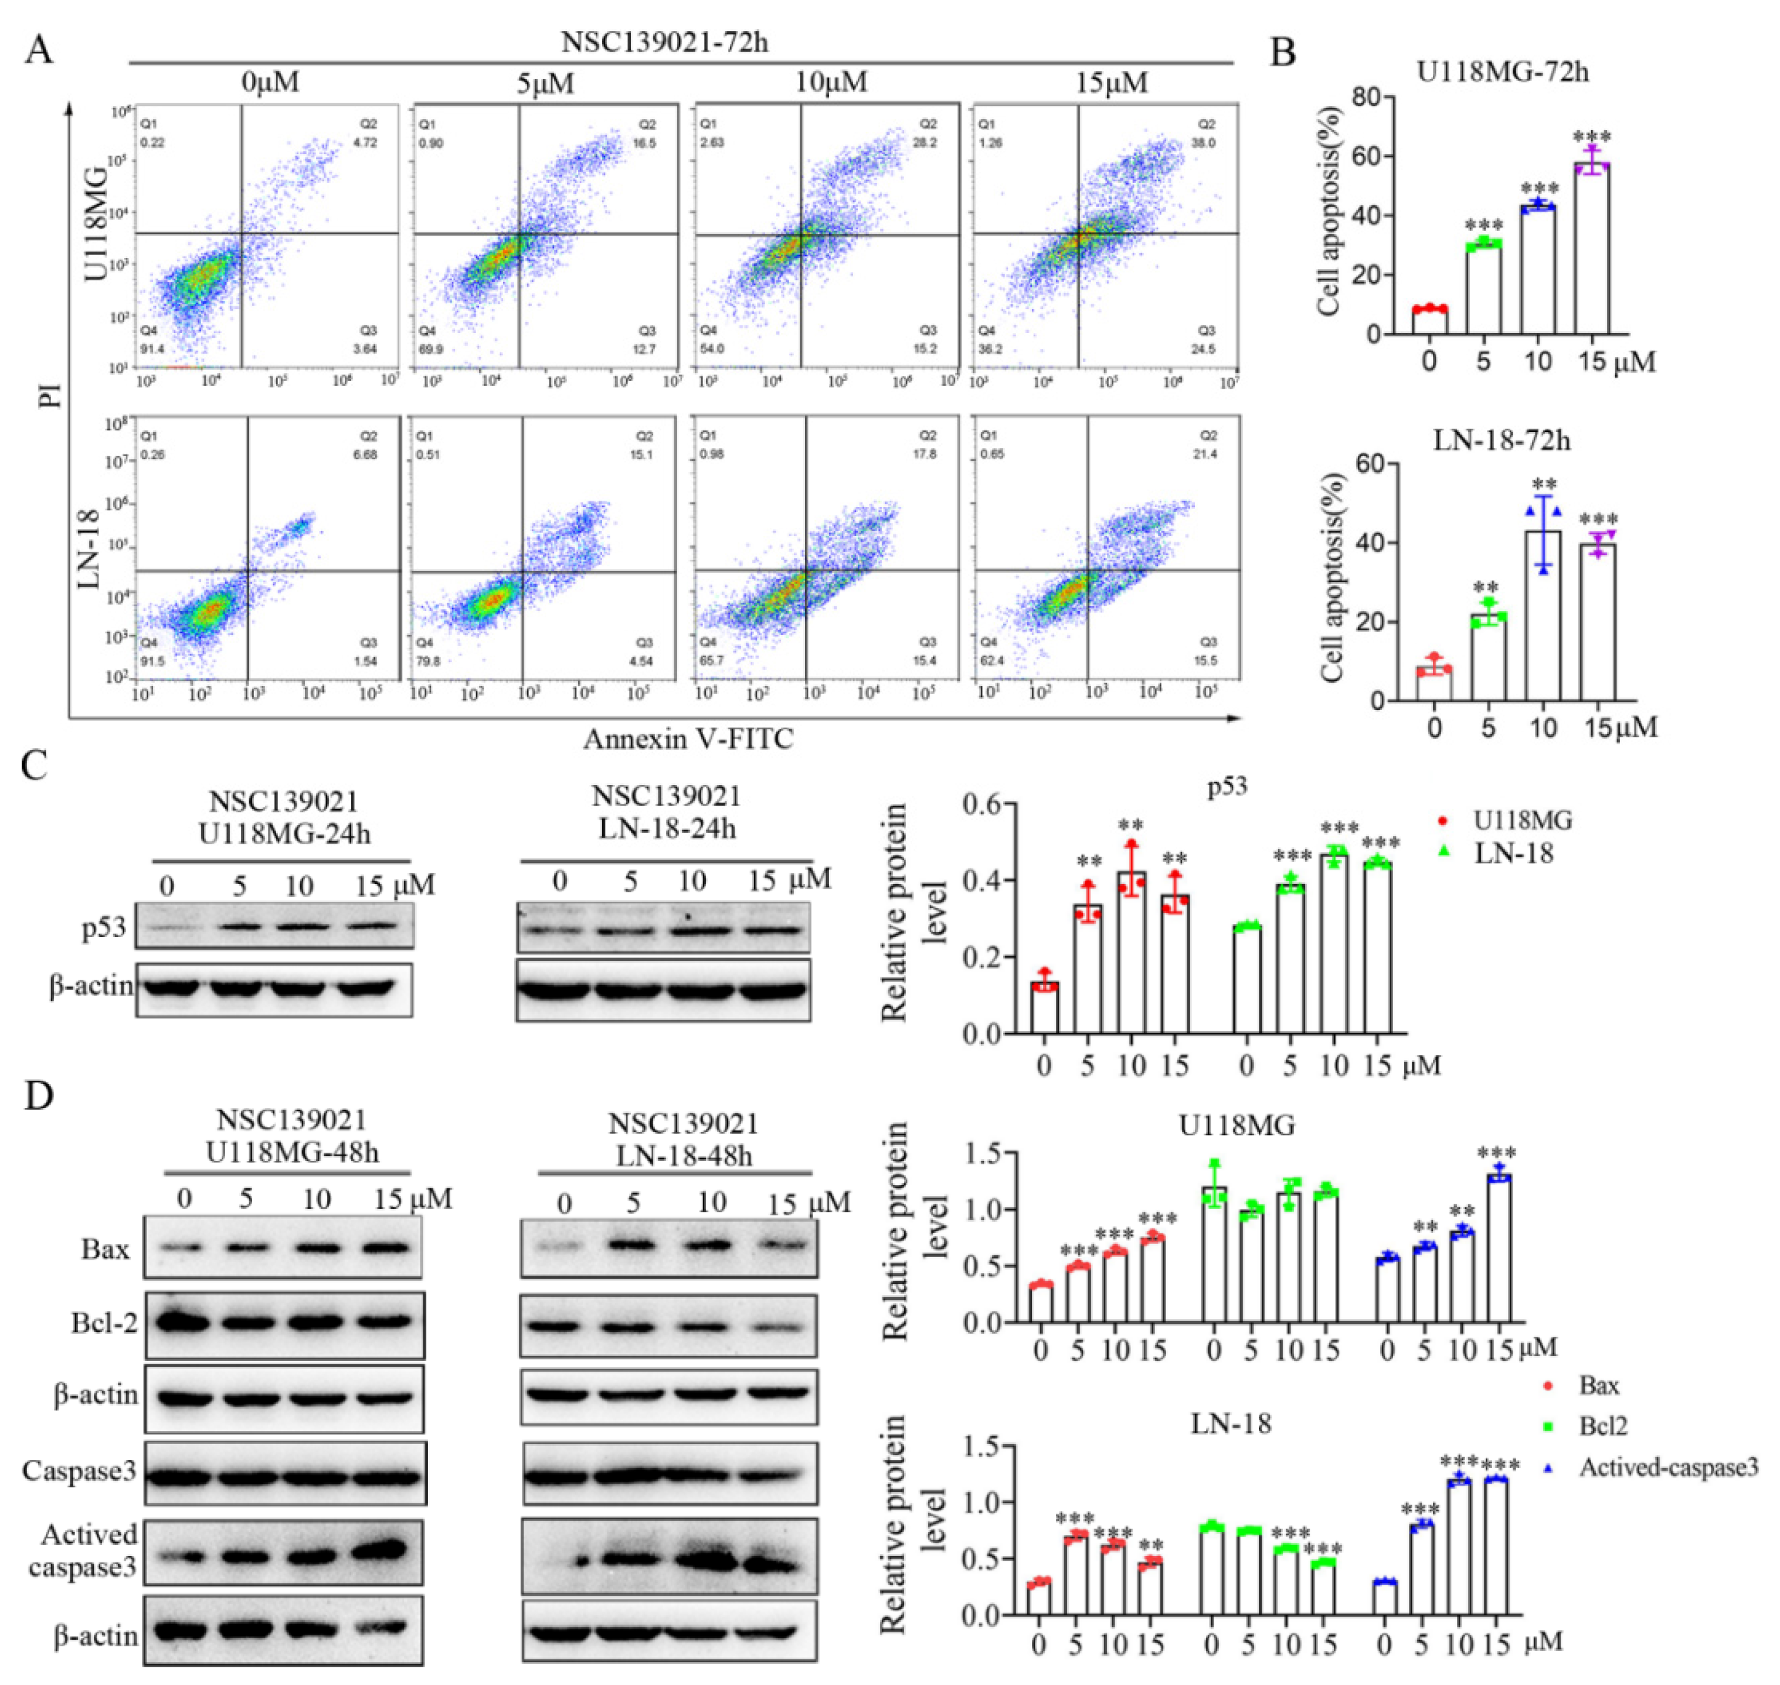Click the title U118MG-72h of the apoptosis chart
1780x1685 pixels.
pyautogui.click(x=1503, y=72)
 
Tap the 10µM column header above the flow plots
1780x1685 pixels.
pyautogui.click(x=831, y=83)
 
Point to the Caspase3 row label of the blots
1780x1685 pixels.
pyautogui.click(x=80, y=1471)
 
